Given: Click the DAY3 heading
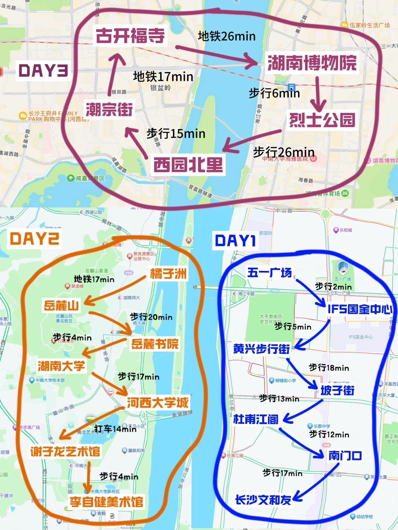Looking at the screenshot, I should [x=43, y=70].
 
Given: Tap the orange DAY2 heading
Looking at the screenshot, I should [x=34, y=239].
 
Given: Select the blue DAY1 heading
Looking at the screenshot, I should [x=235, y=241].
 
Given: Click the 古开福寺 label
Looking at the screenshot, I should [x=130, y=36].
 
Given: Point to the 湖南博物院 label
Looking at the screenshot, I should [x=312, y=63].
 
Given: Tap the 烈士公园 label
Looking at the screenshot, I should [x=322, y=120].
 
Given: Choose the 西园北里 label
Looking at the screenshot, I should [x=188, y=165].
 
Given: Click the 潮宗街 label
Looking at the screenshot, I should [x=109, y=109].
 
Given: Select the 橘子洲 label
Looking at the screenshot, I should [x=168, y=273].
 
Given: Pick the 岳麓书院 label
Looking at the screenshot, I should [x=155, y=344].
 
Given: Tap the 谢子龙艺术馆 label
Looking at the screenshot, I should [x=65, y=451].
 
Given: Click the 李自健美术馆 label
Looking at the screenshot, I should [x=107, y=502].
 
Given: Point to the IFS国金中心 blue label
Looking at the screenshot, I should [x=360, y=309].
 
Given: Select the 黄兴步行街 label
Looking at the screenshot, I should [x=261, y=349].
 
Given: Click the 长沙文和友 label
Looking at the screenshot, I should [x=263, y=500].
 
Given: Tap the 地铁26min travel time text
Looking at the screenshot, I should [x=226, y=36].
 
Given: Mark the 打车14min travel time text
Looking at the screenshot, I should [x=115, y=429].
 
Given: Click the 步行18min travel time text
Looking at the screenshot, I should [x=329, y=367].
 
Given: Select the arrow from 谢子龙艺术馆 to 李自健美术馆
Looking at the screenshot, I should [x=88, y=477].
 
